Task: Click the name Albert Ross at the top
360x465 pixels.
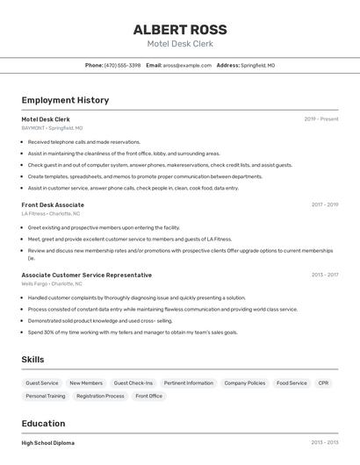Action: click(x=179, y=29)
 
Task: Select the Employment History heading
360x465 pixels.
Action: click(x=65, y=100)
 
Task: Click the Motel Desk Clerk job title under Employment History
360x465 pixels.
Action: click(x=46, y=119)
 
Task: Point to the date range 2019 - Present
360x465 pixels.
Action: click(x=321, y=119)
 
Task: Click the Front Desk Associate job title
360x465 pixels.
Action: click(x=53, y=205)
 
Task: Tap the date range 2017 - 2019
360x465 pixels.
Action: click(x=324, y=205)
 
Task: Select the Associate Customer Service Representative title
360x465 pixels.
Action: click(x=86, y=275)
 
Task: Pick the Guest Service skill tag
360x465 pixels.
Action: click(x=42, y=383)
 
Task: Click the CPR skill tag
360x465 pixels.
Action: click(x=323, y=383)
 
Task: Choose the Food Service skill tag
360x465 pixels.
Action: click(x=292, y=383)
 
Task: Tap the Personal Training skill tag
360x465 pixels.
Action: click(x=45, y=397)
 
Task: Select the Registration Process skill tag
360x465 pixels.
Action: click(x=100, y=397)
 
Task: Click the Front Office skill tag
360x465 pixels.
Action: click(x=149, y=397)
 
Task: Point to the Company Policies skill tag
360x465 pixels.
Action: click(x=244, y=383)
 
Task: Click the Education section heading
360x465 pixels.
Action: click(x=43, y=423)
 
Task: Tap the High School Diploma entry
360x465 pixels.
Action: click(x=48, y=443)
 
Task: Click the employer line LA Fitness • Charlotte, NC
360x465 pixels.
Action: click(x=51, y=214)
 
